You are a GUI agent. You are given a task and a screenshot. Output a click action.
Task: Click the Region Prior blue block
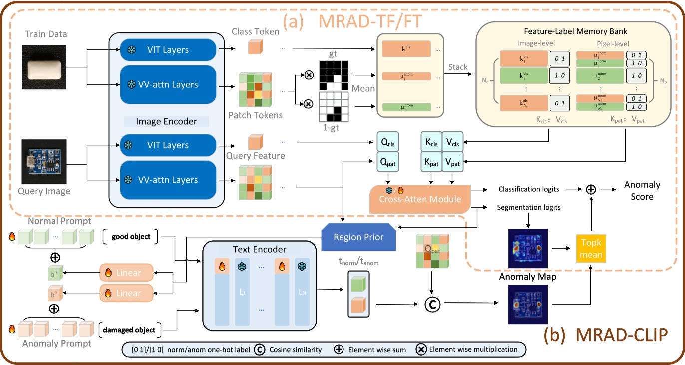point(358,237)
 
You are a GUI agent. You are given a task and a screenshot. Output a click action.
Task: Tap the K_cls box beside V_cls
point(431,142)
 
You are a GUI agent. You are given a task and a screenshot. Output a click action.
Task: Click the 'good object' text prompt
point(131,236)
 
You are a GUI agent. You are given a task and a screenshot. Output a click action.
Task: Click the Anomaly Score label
point(642,190)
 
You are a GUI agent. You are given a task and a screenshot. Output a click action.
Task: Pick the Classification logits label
point(528,189)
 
